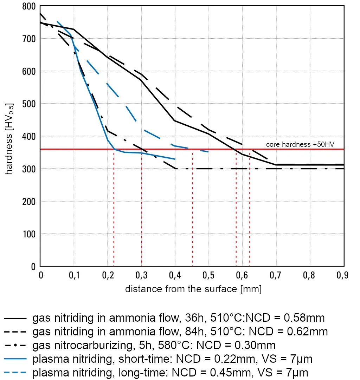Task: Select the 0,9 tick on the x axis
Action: (342, 275)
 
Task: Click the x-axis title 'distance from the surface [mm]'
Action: (193, 289)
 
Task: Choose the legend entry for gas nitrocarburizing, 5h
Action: (154, 345)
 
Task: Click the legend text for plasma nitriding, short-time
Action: (172, 359)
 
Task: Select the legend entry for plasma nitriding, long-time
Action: (170, 372)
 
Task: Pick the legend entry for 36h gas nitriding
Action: (178, 318)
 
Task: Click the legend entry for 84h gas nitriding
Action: (180, 331)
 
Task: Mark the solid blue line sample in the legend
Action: (15, 359)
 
